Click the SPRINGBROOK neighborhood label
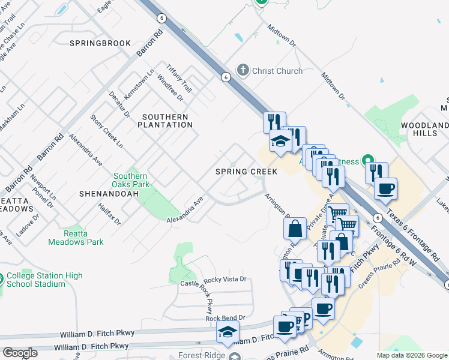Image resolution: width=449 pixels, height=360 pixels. (x=100, y=44)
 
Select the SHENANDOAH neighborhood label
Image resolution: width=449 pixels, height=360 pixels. (x=109, y=194)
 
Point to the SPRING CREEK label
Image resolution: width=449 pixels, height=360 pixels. (x=247, y=172)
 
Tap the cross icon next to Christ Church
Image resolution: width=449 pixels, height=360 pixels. (x=243, y=71)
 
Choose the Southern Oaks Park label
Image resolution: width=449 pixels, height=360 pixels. (x=131, y=181)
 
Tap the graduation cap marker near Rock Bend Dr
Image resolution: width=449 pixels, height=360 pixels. (x=228, y=332)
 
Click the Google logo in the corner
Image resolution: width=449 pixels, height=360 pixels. (x=20, y=353)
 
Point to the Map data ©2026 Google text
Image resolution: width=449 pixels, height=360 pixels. (x=411, y=355)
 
